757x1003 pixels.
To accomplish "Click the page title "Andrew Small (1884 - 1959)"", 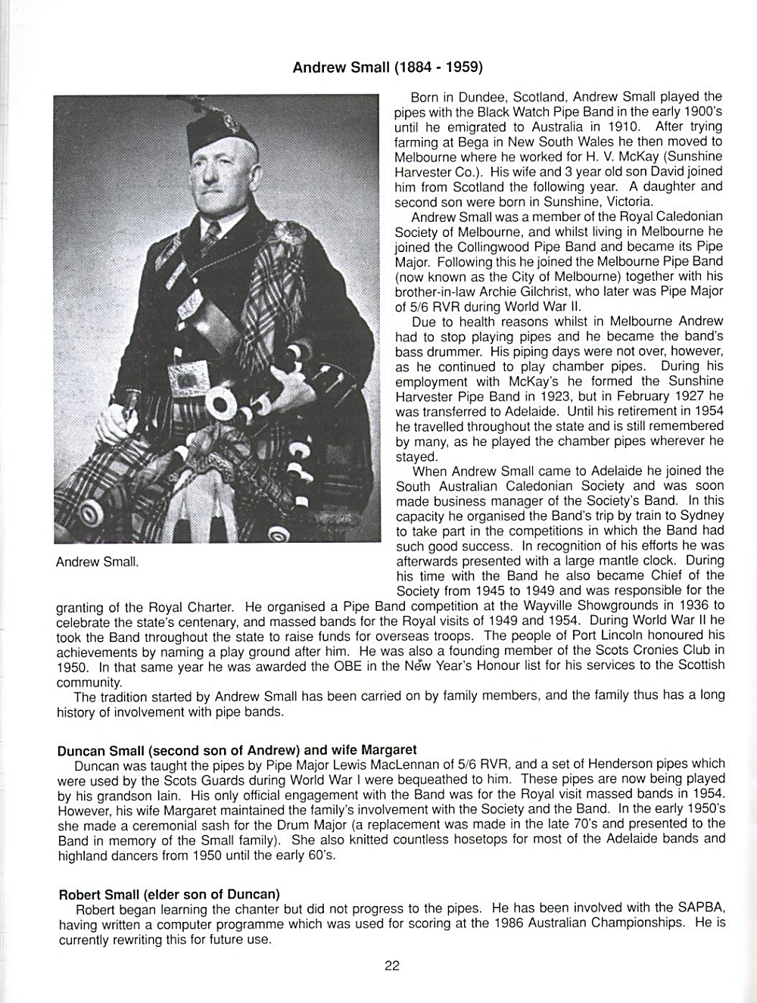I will click(x=387, y=67).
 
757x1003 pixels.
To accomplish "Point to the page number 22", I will click(x=391, y=965).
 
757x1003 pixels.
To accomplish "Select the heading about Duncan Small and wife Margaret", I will click(x=237, y=750).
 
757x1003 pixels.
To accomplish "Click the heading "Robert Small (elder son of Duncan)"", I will click(x=169, y=894).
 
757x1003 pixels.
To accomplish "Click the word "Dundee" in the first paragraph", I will click(x=488, y=97).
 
